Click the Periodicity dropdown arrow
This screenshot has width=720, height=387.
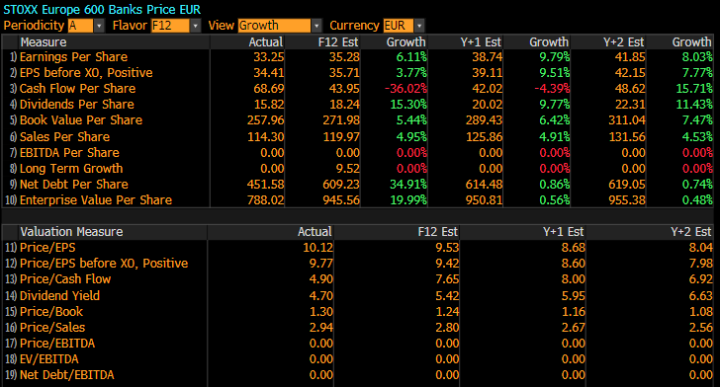(99, 26)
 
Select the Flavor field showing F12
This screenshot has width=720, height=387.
(170, 26)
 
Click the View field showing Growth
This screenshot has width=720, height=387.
(274, 26)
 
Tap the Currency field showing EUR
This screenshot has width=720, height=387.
(398, 26)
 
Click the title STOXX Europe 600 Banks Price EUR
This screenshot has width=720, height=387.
(102, 10)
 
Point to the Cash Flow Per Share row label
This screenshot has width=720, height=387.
(77, 89)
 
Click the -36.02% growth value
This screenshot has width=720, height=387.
(405, 89)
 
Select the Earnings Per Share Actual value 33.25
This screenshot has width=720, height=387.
(269, 57)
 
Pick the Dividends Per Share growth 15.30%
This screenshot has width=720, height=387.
(408, 105)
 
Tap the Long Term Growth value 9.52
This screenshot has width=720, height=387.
(347, 168)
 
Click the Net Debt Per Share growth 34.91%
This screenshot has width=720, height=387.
(408, 185)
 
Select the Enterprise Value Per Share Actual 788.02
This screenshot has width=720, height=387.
(265, 200)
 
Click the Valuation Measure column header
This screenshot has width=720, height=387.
(71, 232)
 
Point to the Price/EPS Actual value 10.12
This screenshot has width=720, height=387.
(317, 248)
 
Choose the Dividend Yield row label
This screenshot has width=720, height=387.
(59, 296)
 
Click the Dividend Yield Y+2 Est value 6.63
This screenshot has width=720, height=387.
(700, 296)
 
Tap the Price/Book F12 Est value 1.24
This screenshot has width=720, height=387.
(447, 312)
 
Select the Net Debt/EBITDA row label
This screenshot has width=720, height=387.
(66, 375)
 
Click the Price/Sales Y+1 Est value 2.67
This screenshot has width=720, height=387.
(574, 328)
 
